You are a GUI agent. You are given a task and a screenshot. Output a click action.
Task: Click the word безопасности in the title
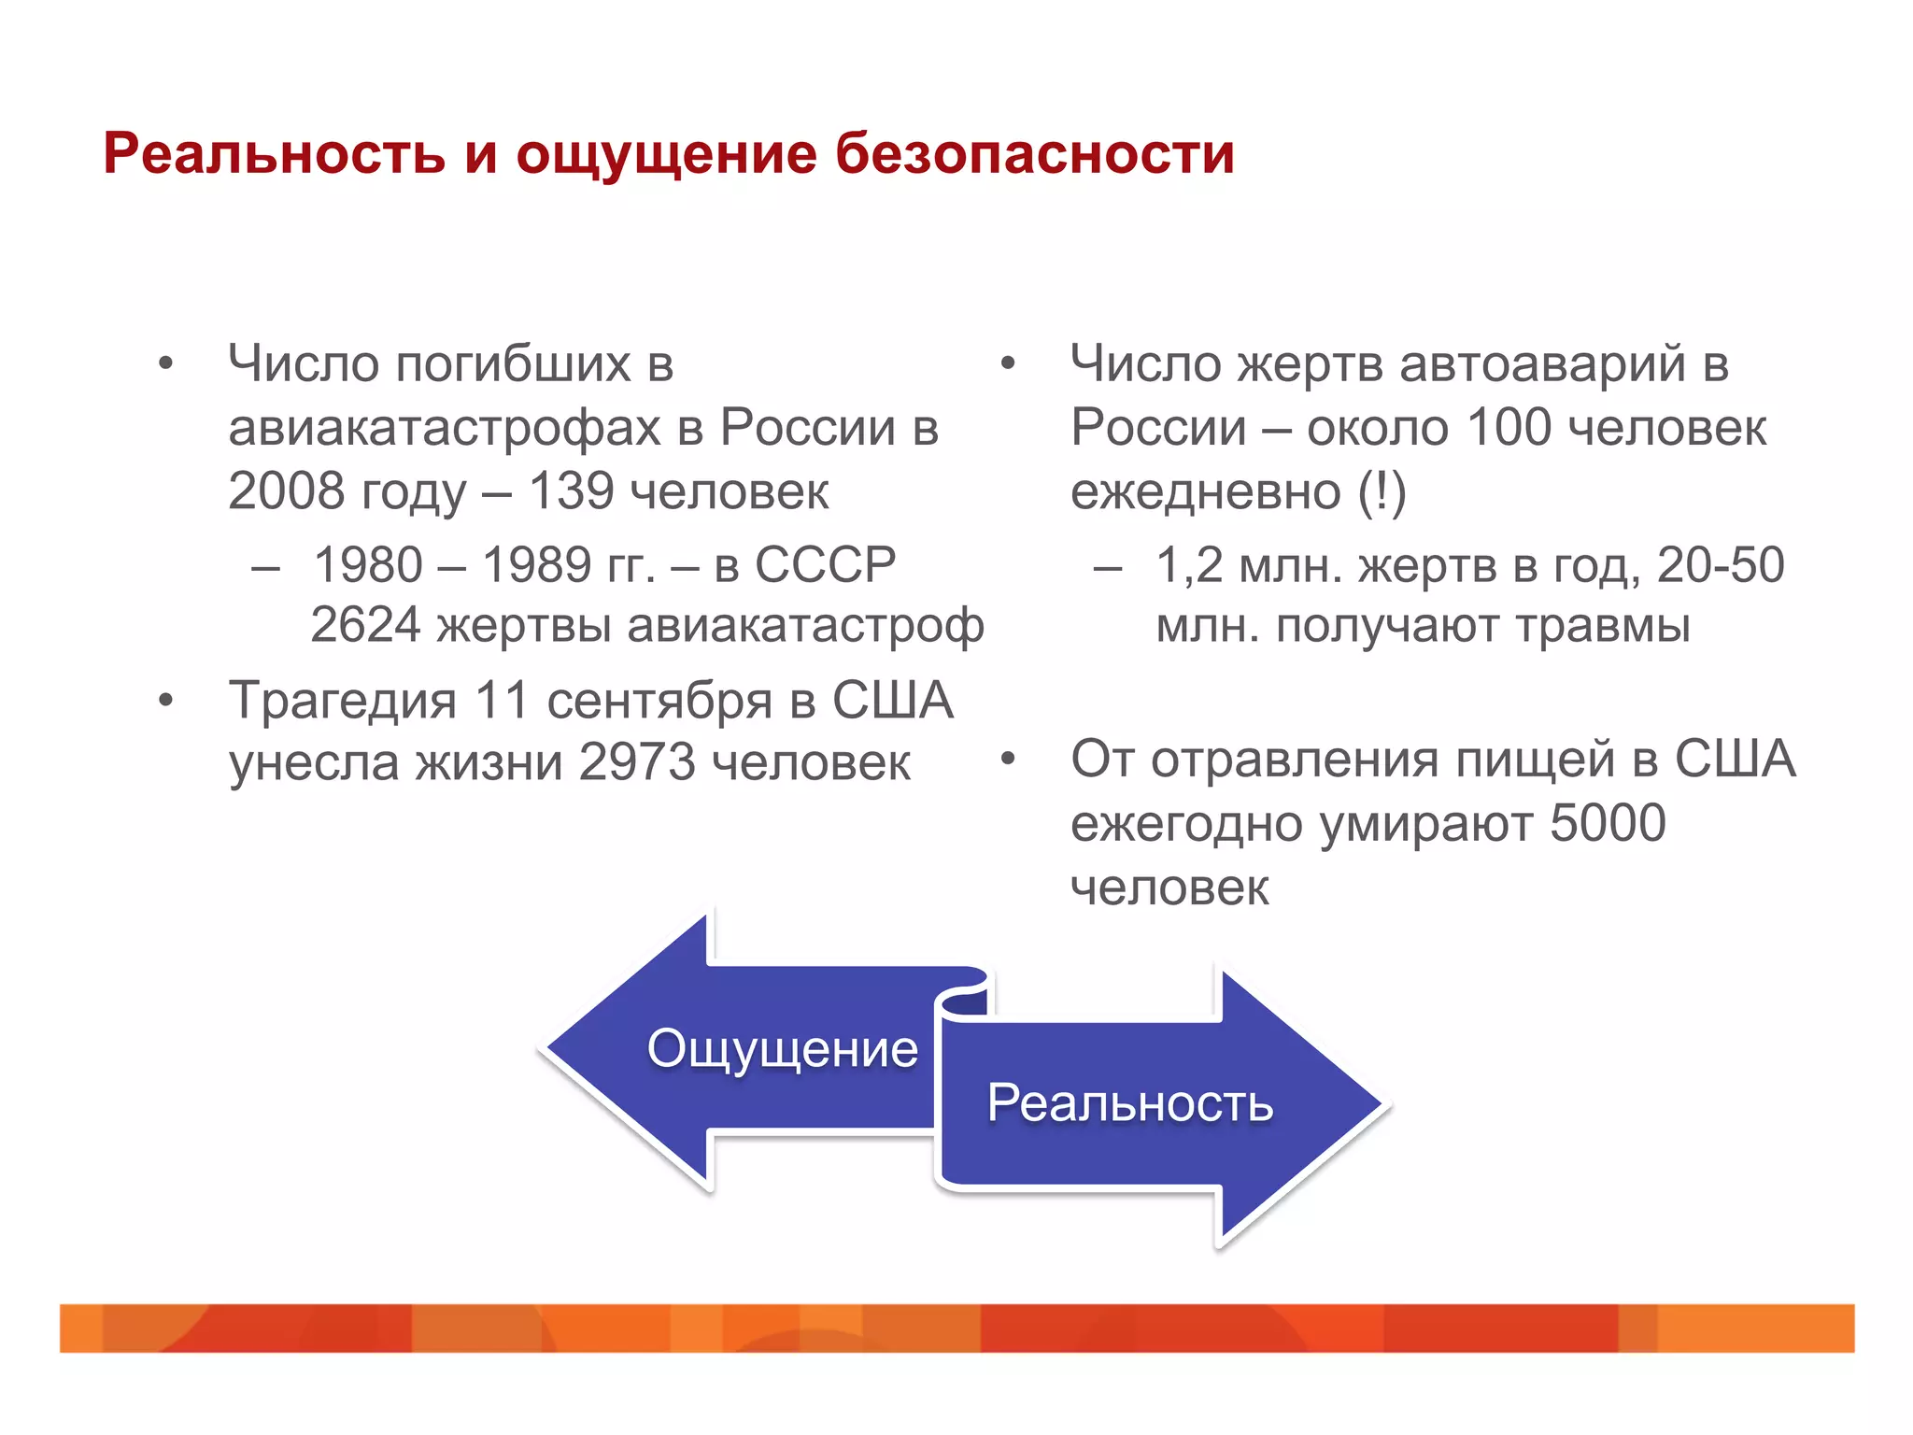pos(1034,153)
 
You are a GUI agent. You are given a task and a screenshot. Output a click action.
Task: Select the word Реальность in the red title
pos(274,153)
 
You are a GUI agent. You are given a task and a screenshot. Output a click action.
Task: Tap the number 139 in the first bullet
pos(571,491)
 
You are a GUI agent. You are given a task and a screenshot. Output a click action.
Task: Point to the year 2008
pos(286,491)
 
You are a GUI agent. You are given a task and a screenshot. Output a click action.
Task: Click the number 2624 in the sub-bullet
pos(365,625)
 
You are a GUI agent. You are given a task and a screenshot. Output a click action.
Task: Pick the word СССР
pos(825,564)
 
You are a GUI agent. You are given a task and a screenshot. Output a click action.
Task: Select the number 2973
pos(637,762)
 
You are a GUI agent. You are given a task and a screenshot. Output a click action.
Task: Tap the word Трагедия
pos(343,701)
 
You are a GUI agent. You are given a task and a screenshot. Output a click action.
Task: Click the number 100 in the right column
pos(1509,428)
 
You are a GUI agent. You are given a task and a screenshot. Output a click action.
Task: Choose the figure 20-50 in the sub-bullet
pos(1720,564)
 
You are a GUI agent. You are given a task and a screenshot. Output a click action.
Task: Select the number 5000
pos(1608,823)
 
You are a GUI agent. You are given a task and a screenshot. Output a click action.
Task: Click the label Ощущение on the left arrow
pos(782,1048)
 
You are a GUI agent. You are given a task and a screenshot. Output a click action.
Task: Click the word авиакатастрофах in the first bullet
pos(446,428)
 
